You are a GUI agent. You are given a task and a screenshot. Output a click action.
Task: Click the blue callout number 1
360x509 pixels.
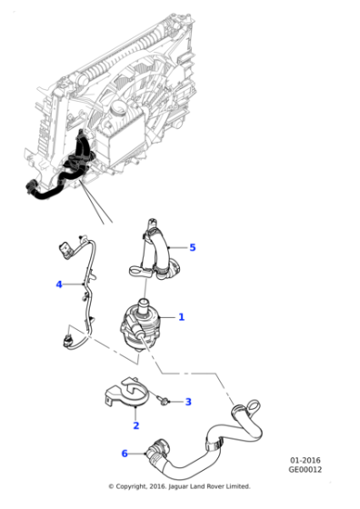pyautogui.click(x=181, y=317)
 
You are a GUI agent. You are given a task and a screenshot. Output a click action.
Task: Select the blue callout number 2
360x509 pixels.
pyautogui.click(x=135, y=424)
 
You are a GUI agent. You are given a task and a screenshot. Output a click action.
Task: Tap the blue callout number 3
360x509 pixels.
pyautogui.click(x=188, y=401)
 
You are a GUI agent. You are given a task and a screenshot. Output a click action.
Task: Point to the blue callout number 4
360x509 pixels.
pyautogui.click(x=59, y=284)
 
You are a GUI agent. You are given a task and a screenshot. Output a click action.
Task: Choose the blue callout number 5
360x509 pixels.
pyautogui.click(x=192, y=246)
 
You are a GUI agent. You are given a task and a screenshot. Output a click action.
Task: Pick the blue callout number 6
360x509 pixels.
pyautogui.click(x=125, y=454)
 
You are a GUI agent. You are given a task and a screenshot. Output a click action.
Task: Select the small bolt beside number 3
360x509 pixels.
pyautogui.click(x=161, y=398)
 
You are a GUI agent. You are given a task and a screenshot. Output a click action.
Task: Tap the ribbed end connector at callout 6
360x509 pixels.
pyautogui.click(x=154, y=449)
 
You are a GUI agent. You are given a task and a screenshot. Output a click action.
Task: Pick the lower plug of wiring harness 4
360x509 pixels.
pyautogui.click(x=65, y=342)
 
